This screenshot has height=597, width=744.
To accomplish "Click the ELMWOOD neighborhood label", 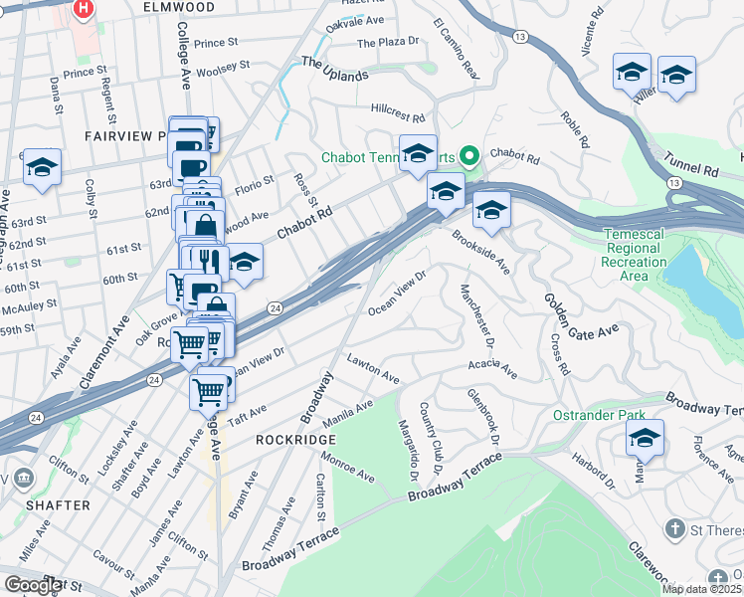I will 178,7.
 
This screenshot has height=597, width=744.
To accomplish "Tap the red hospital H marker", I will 85,9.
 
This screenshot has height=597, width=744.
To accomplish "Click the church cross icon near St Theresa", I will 675,528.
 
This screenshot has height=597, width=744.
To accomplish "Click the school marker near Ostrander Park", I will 645,439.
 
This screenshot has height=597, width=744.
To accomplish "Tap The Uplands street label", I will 334,69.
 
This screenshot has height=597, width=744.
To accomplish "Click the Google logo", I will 33,586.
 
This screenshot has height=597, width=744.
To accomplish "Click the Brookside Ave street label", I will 480,254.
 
